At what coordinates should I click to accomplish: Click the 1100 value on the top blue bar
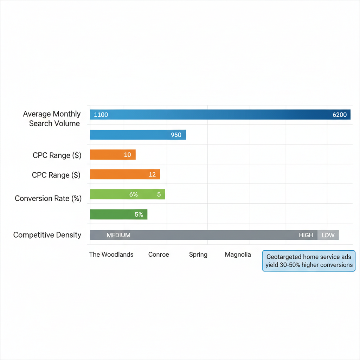101,115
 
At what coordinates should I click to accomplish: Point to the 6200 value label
339,115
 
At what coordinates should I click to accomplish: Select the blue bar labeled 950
138,135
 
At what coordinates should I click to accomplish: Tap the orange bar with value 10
112,155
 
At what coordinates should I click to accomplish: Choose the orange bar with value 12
125,174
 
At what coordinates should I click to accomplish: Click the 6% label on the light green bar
133,194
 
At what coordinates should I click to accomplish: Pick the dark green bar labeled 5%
118,214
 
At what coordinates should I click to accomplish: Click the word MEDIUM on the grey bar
118,235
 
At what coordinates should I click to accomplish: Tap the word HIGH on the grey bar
306,235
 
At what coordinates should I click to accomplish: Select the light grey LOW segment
328,235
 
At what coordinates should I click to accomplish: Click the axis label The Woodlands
111,255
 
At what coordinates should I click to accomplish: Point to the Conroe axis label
159,255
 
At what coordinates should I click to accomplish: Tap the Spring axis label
198,255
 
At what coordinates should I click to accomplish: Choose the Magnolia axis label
238,255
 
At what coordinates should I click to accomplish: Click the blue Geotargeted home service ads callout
309,261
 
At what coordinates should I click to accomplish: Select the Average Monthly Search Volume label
52,118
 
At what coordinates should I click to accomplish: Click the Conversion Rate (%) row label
48,199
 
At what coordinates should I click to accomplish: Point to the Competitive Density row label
47,235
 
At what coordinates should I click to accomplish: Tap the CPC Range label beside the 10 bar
57,155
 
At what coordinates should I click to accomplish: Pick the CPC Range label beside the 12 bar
56,175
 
